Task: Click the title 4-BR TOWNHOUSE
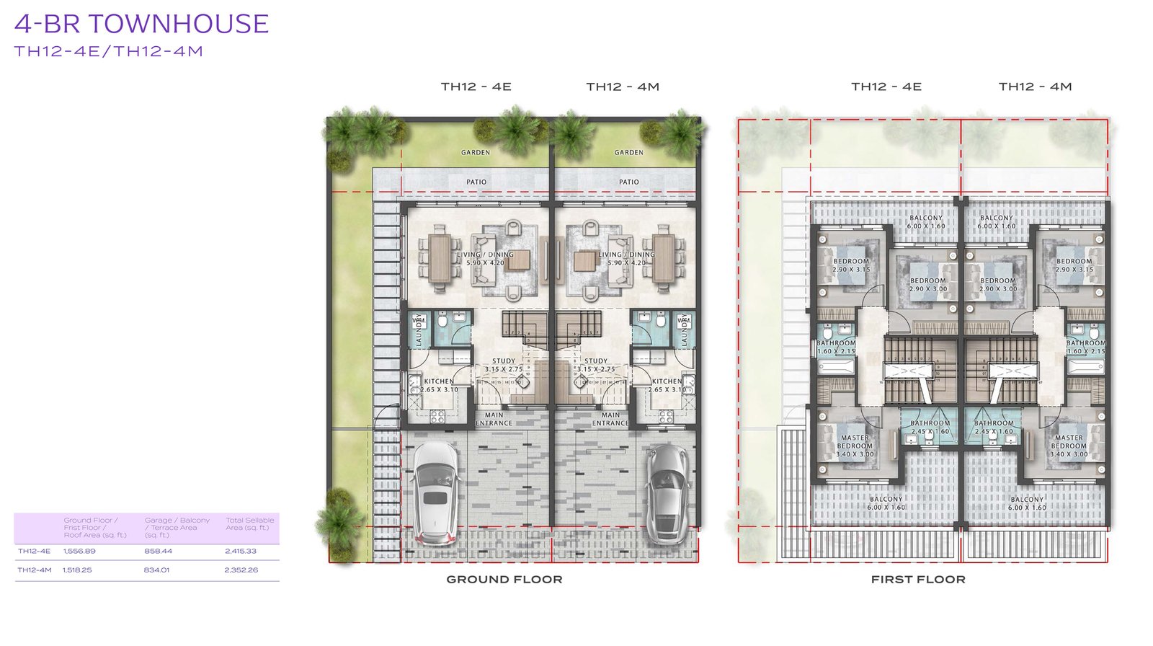click(x=141, y=25)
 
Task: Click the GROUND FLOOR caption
click(x=504, y=579)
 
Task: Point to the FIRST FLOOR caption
click(x=917, y=579)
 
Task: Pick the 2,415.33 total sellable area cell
click(x=241, y=551)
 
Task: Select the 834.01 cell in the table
click(x=156, y=570)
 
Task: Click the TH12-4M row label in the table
click(x=35, y=570)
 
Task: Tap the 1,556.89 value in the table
click(x=79, y=551)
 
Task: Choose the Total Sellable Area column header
click(x=249, y=523)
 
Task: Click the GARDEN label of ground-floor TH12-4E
click(x=476, y=152)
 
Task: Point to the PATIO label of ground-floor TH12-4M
click(x=628, y=182)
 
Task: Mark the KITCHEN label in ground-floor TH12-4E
click(x=439, y=381)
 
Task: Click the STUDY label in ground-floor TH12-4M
click(x=596, y=360)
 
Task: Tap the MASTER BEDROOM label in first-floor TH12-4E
click(x=855, y=442)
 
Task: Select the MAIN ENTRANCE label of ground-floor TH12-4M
click(x=610, y=419)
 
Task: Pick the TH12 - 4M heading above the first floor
click(x=1035, y=87)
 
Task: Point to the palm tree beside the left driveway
click(x=337, y=515)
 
